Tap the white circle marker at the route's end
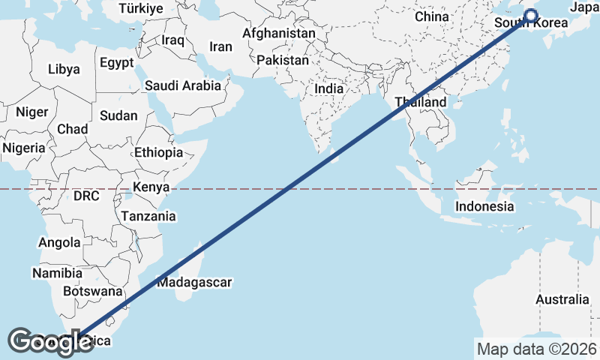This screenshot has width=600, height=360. (531, 16)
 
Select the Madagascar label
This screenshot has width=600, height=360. (194, 283)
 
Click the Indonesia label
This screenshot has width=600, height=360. (485, 206)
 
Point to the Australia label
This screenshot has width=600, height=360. (562, 300)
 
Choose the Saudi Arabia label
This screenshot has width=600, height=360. (183, 85)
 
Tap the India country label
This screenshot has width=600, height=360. (328, 88)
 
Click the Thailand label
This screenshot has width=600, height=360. (421, 102)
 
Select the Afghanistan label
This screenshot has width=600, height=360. (278, 34)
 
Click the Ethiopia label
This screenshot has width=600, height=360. (158, 152)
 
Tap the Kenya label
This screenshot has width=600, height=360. (151, 187)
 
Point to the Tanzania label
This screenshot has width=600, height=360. (148, 216)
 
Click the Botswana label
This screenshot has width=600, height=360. (92, 291)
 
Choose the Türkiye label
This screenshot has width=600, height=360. (141, 9)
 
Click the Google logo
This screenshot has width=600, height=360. (50, 341)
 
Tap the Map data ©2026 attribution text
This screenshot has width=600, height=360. (537, 349)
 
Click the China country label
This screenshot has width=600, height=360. (431, 16)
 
